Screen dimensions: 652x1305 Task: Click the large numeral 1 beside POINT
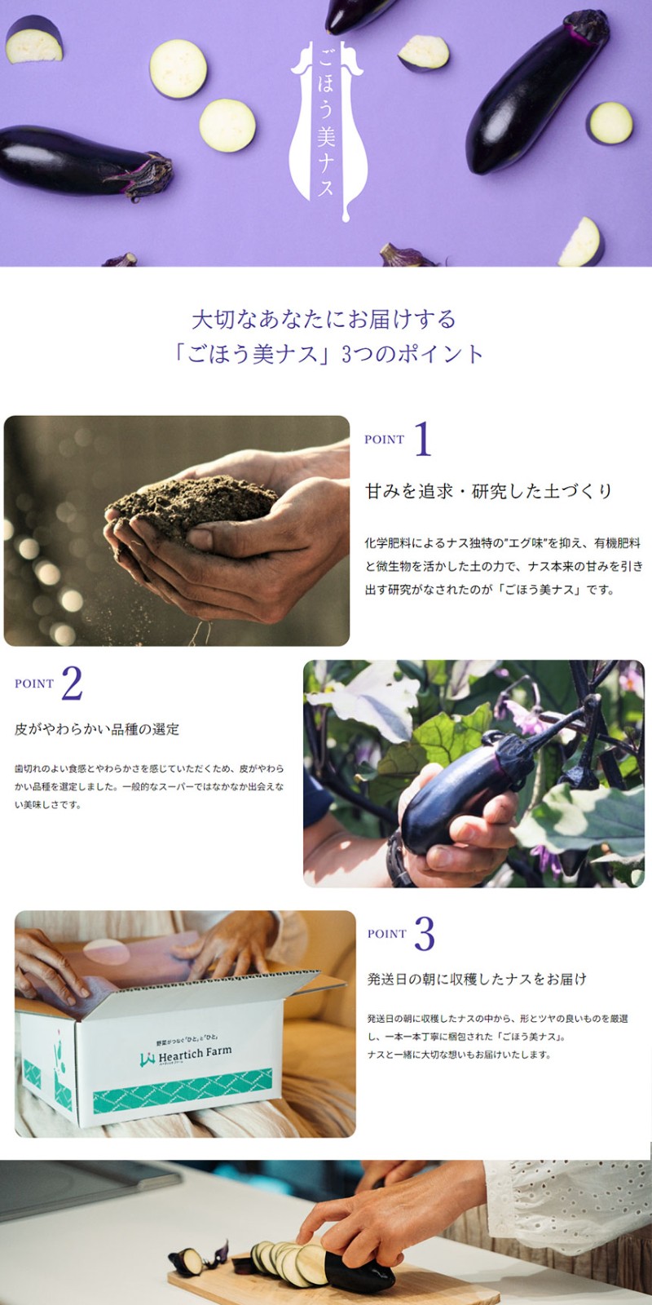(x=423, y=439)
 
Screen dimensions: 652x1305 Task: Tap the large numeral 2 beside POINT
(x=72, y=683)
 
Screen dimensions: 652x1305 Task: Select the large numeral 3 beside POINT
(x=425, y=933)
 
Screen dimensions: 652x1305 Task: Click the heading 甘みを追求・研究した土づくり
(x=488, y=491)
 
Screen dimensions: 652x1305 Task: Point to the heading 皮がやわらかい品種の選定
(x=97, y=729)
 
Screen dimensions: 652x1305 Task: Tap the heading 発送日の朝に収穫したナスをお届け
(x=477, y=979)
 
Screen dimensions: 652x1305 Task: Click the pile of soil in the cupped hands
(x=192, y=504)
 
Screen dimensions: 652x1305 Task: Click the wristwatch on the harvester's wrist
(x=399, y=860)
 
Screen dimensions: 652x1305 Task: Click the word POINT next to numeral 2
(x=34, y=684)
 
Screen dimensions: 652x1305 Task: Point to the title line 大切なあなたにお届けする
(x=324, y=320)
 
